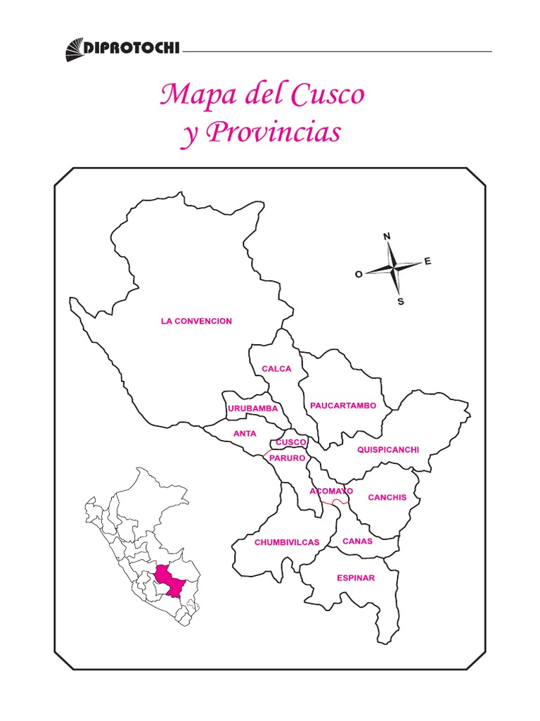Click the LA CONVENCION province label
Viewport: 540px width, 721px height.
click(196, 321)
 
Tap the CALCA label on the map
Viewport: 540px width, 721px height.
click(276, 368)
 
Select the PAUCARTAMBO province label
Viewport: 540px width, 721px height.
click(343, 406)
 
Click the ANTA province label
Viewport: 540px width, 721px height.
click(245, 434)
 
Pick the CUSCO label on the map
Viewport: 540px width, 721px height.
click(291, 442)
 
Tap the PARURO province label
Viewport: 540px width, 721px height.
click(287, 458)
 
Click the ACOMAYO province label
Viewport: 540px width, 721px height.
click(331, 491)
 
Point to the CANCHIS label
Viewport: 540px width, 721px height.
click(387, 497)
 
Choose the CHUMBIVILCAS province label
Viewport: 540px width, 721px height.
click(287, 542)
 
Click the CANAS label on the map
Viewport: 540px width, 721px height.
click(357, 541)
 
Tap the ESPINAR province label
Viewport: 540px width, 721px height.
click(356, 578)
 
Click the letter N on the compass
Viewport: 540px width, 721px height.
click(387, 237)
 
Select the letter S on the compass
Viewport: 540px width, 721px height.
click(401, 302)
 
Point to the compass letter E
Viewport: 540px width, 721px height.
click(427, 262)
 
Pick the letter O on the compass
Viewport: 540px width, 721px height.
click(359, 275)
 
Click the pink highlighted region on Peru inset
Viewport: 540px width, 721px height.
click(170, 579)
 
